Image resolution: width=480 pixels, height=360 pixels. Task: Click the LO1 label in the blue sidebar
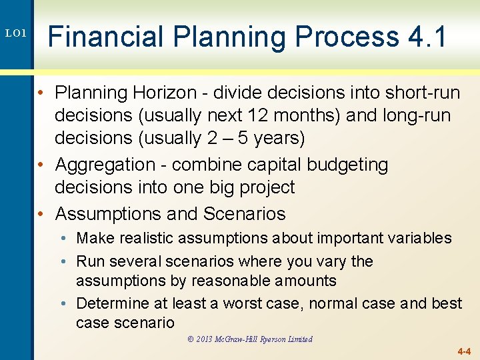tap(15, 33)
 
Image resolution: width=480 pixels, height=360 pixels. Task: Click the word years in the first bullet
tap(273, 139)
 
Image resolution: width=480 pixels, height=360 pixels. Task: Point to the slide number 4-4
tap(463, 351)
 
